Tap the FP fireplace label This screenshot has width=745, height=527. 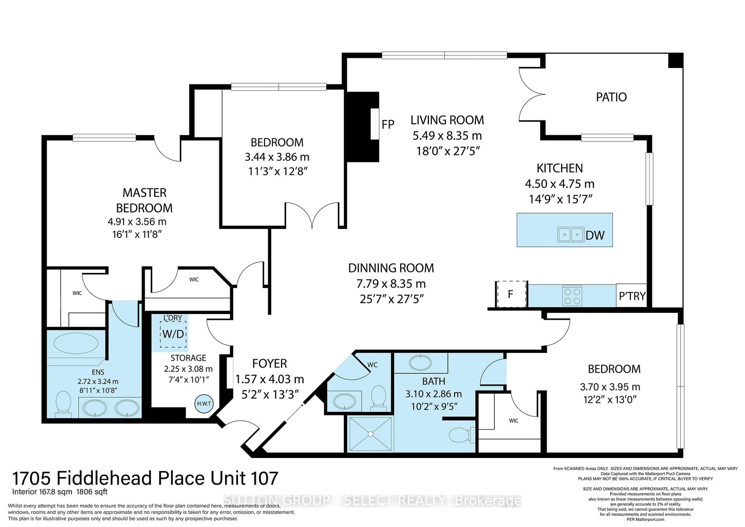click(x=388, y=124)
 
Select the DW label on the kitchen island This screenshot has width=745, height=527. click(x=595, y=235)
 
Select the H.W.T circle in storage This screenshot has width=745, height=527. click(x=204, y=404)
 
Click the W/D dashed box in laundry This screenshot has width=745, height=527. click(x=173, y=334)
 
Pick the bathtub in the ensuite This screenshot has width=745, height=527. click(x=76, y=343)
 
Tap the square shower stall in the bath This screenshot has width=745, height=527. click(x=370, y=434)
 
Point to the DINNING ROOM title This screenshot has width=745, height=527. click(x=391, y=268)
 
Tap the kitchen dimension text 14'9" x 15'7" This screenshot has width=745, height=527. click(x=560, y=199)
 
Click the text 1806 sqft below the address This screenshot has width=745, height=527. click(x=92, y=492)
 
